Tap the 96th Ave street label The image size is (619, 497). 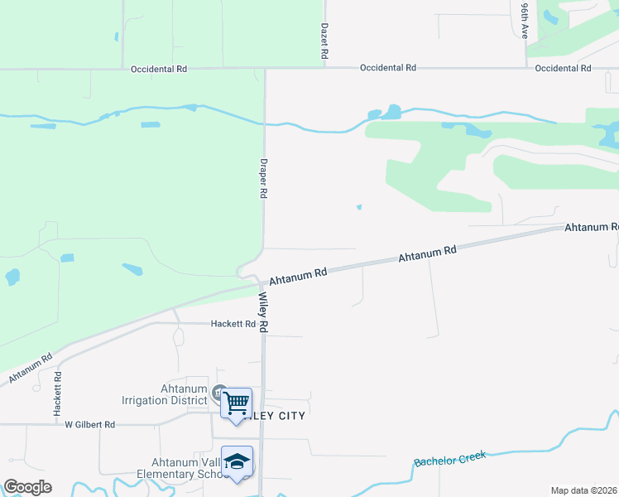tap(525, 20)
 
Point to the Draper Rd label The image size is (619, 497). tap(264, 177)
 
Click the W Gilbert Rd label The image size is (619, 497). tap(89, 424)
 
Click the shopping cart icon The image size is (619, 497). tap(237, 403)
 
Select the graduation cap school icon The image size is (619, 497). tap(237, 461)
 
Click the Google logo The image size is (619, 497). tap(27, 486)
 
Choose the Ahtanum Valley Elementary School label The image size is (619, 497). tap(188, 468)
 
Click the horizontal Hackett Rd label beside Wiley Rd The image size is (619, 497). tap(233, 324)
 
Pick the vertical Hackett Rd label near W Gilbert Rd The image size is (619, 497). tap(59, 393)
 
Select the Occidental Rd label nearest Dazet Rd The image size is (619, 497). tap(387, 68)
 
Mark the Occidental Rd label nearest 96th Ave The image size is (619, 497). tap(563, 68)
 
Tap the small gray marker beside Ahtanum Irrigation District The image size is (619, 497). tap(218, 393)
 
